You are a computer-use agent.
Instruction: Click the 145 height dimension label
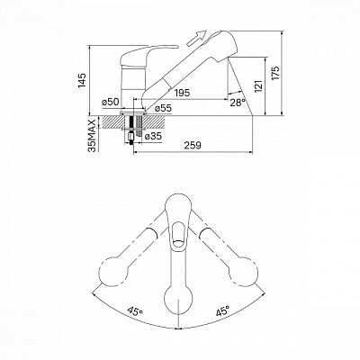point(80,82)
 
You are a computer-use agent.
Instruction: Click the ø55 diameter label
point(163,109)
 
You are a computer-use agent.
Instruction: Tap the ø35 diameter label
point(154,137)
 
